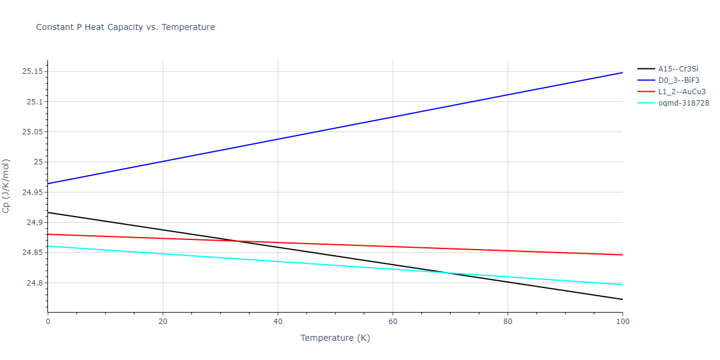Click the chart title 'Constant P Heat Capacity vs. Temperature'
(125, 27)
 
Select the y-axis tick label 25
(38, 163)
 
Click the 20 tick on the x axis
(163, 322)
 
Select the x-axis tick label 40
(278, 322)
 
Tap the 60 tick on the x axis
(392, 322)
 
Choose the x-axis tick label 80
(508, 322)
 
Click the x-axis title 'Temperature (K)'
(335, 338)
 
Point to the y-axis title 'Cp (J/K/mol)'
(7, 186)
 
